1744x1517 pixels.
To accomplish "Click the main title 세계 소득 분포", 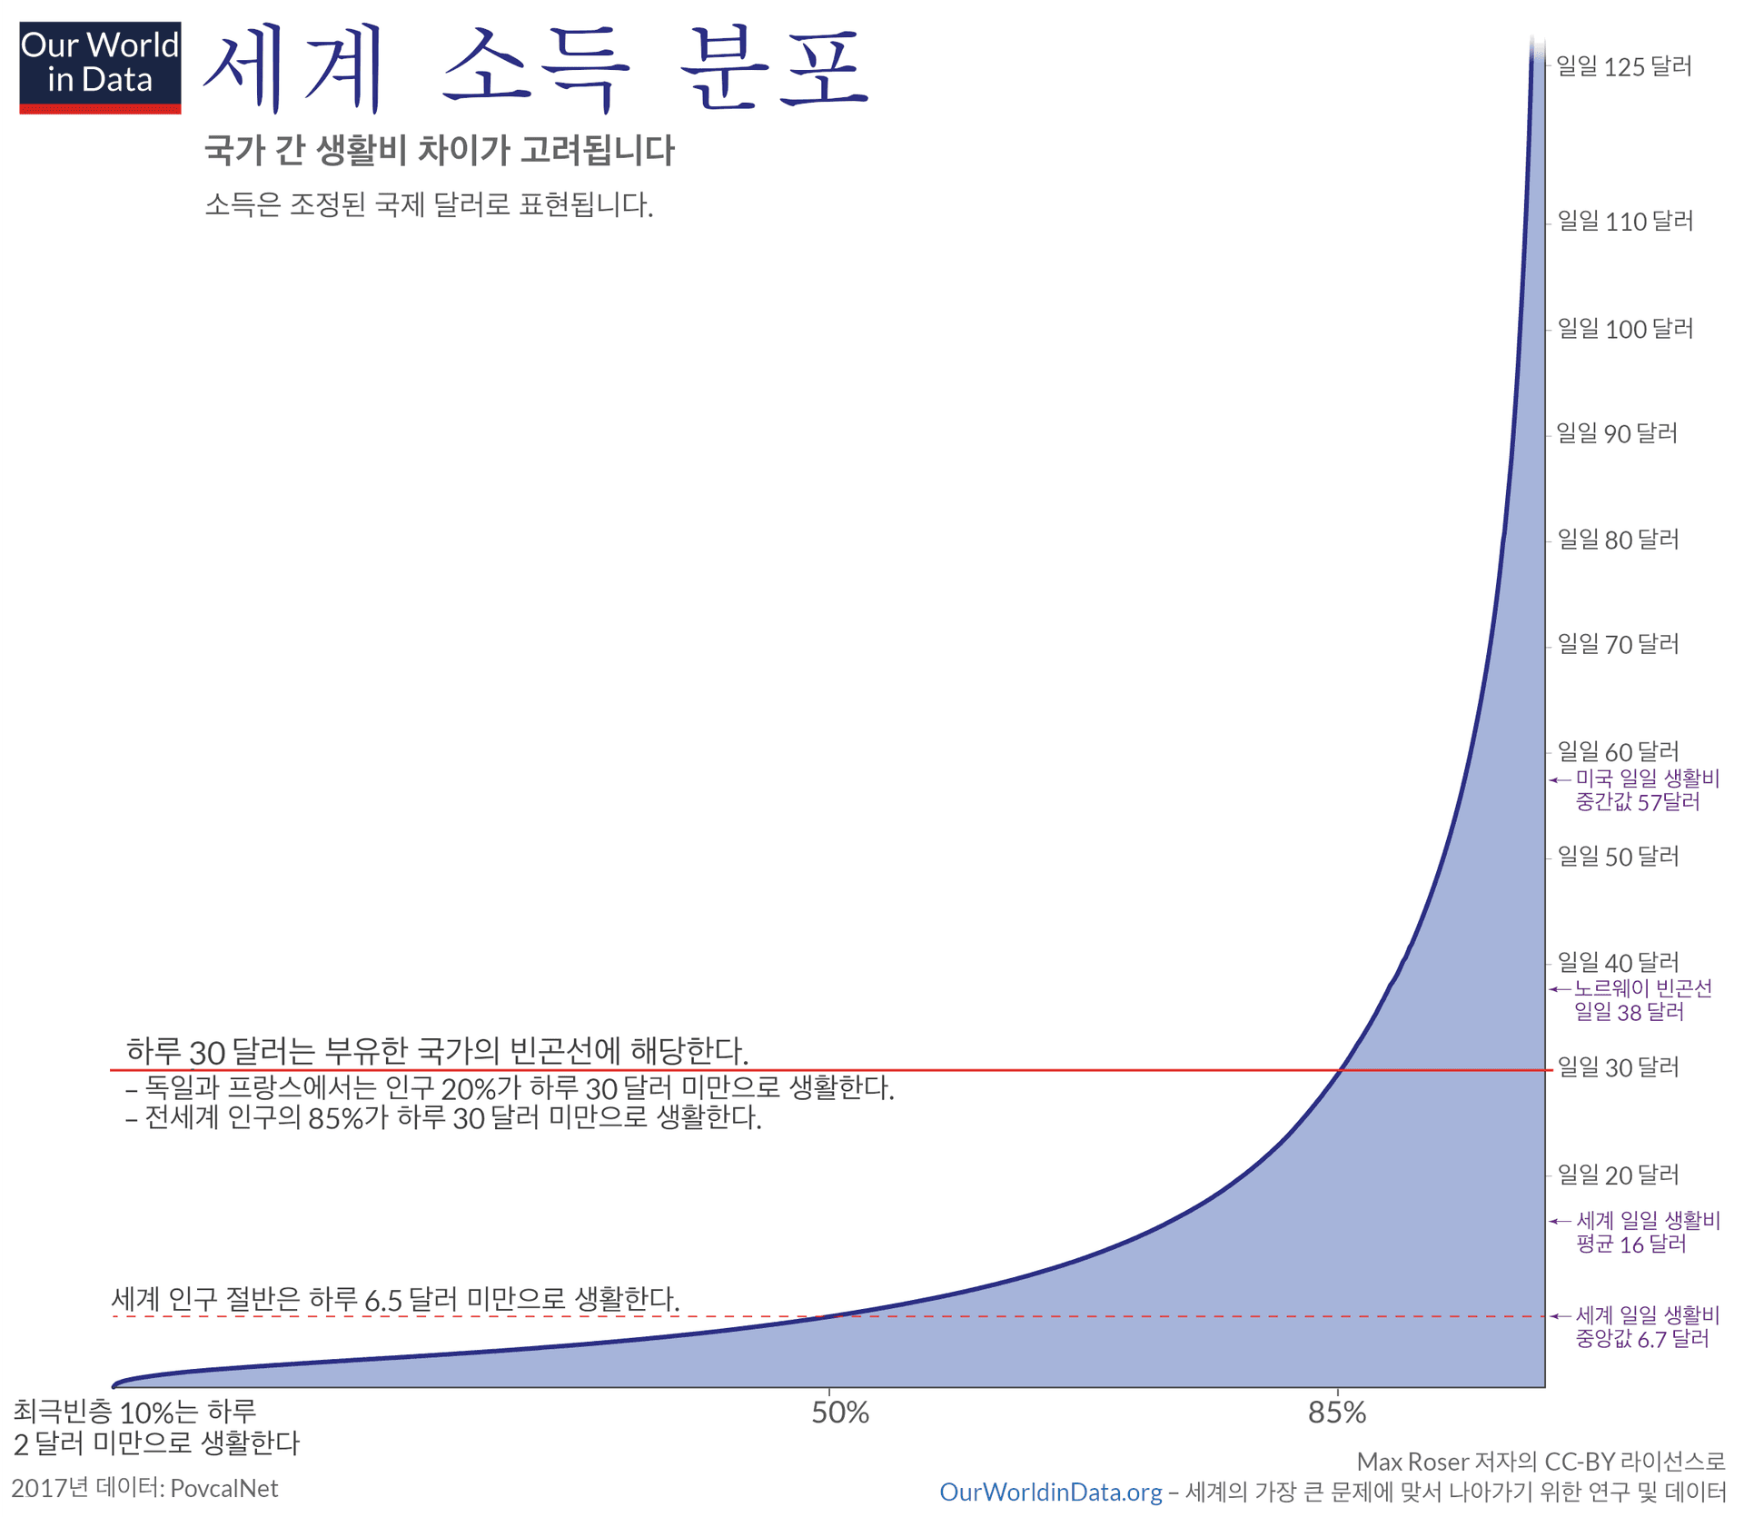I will pos(536,69).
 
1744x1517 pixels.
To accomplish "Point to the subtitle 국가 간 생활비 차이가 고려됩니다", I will pos(439,151).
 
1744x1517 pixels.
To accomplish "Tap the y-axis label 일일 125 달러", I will pos(1623,66).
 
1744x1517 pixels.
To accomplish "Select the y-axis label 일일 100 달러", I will pos(1625,329).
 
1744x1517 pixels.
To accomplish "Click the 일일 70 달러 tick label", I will pos(1618,644).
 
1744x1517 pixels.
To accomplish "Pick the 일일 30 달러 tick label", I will pos(1618,1067).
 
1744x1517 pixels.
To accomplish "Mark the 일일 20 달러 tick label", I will pos(1618,1175).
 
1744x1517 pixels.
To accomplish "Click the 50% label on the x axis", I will pos(840,1413).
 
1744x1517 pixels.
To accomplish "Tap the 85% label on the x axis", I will pos(1337,1413).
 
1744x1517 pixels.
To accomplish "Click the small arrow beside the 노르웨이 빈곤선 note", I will pos(1559,989).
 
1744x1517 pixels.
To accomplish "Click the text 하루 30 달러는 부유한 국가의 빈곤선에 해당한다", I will pos(437,1051).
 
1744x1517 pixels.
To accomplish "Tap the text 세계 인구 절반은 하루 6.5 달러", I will pos(395,1299).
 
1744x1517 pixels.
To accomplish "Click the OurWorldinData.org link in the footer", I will pos(1050,1492).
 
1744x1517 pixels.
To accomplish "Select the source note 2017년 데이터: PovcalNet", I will pos(144,1488).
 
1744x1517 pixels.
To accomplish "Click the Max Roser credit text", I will pos(1540,1462).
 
